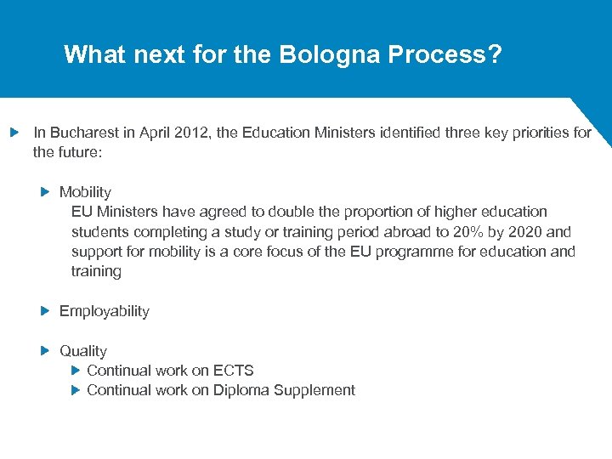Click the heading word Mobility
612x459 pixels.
click(85, 192)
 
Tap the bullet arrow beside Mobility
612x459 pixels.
click(46, 192)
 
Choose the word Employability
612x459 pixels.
click(104, 311)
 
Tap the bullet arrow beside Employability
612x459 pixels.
click(46, 311)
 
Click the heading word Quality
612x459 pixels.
click(83, 351)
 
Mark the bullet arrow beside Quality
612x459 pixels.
click(46, 351)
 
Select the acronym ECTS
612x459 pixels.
click(234, 371)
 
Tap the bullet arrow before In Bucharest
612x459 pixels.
click(14, 133)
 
